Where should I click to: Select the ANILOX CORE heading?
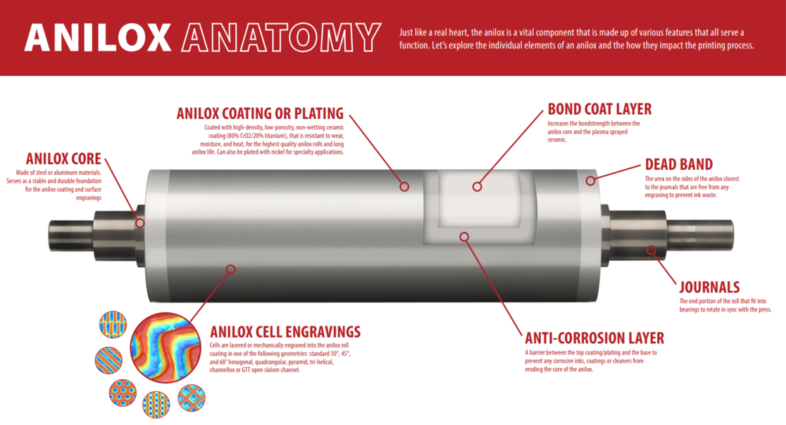[x=63, y=159]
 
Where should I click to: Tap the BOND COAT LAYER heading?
[x=599, y=109]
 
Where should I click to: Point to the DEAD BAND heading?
[x=679, y=165]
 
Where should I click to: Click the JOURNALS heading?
[x=709, y=288]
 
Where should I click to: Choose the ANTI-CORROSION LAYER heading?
[x=594, y=338]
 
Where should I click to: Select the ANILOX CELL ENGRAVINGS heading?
[x=285, y=331]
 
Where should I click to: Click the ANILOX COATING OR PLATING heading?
[x=260, y=113]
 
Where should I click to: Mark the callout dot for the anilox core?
[x=140, y=223]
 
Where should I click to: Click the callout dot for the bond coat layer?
[x=477, y=187]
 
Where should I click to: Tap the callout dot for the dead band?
[x=590, y=181]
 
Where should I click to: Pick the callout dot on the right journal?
[x=651, y=250]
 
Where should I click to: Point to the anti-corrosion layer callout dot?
[x=464, y=237]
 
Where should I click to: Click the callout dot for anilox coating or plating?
[x=404, y=187]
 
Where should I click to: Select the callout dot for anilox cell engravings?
[x=230, y=269]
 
